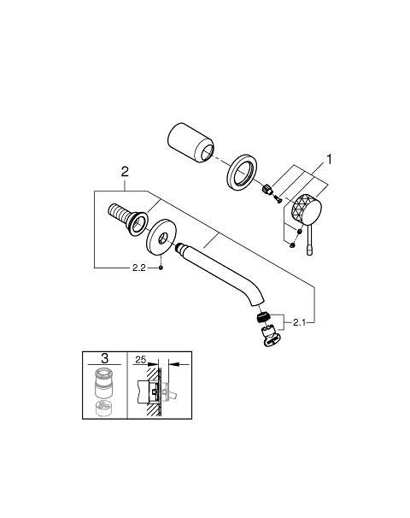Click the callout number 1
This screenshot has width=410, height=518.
tap(329, 159)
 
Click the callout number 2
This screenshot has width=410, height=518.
tap(125, 172)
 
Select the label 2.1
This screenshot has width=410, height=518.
tap(299, 322)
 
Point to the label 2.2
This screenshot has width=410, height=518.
tap(138, 268)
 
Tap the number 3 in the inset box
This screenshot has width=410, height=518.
tap(105, 358)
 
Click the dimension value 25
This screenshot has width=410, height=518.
tap(141, 359)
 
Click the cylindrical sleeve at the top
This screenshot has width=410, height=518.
tap(190, 142)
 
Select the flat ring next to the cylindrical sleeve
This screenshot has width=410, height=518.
tap(242, 172)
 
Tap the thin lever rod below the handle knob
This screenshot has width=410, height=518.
tap(309, 240)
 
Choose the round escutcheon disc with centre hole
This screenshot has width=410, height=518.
tap(161, 238)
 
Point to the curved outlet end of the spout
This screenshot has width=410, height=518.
tap(258, 302)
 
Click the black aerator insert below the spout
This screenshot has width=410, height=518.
tap(263, 318)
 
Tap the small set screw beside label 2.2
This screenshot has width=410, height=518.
tap(161, 268)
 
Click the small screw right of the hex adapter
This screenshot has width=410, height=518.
tap(278, 198)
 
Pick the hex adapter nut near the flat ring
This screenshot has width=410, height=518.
tap(266, 190)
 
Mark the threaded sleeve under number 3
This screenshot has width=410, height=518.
tap(104, 383)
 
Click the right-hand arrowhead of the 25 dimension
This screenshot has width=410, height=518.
tap(174, 364)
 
